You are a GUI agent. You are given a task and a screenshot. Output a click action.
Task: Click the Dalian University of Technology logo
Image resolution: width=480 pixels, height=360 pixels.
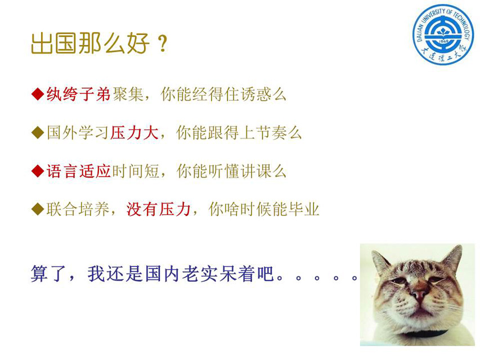[443, 34]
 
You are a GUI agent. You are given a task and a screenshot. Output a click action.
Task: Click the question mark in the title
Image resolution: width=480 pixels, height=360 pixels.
[163, 43]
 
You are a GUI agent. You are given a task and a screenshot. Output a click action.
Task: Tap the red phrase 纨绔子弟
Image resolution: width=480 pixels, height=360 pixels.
[78, 94]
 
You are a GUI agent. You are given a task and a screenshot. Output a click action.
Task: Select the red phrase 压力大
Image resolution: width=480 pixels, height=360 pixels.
[134, 133]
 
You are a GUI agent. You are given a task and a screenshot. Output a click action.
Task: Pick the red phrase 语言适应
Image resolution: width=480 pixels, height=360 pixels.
[78, 171]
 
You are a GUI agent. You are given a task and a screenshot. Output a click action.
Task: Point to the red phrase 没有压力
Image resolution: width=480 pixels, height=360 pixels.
[158, 209]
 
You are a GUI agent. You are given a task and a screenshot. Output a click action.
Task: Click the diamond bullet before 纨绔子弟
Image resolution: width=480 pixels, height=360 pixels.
[38, 94]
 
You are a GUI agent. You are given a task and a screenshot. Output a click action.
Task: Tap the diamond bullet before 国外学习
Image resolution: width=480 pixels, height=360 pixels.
[38, 133]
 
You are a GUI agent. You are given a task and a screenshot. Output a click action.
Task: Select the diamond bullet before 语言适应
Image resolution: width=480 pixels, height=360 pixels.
[38, 171]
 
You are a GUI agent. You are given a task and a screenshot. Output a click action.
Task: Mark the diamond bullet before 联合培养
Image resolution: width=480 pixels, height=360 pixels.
[38, 209]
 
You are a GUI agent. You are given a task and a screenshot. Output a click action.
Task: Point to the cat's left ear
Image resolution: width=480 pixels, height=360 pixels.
[380, 261]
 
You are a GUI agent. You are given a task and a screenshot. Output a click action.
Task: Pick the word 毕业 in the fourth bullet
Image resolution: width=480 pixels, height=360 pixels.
[304, 209]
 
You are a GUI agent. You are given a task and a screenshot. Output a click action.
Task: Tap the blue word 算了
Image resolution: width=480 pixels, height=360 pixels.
[48, 273]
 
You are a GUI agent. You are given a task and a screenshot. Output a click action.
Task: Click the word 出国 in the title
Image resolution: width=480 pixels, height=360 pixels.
[53, 43]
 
